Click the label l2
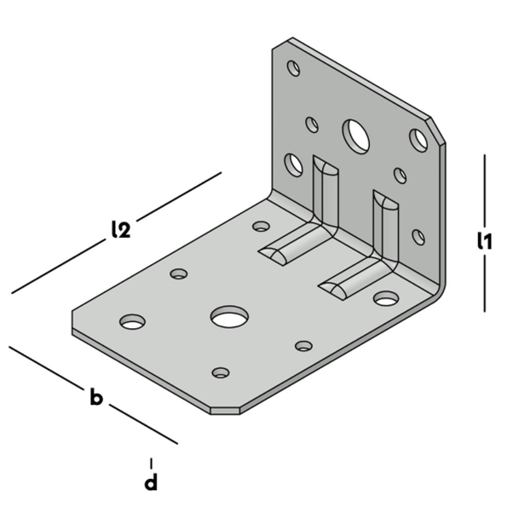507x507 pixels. click(120, 229)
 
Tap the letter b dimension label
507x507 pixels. click(96, 397)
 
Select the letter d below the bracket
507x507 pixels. click(151, 483)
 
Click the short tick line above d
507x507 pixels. click(151, 463)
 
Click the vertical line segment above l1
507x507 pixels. click(485, 188)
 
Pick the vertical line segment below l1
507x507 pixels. click(485, 286)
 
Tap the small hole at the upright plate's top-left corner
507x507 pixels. click(293, 66)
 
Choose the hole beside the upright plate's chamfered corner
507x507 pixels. click(418, 138)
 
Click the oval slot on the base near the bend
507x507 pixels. click(386, 298)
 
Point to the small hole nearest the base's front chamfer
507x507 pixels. click(221, 373)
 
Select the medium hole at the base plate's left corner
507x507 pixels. click(132, 322)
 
